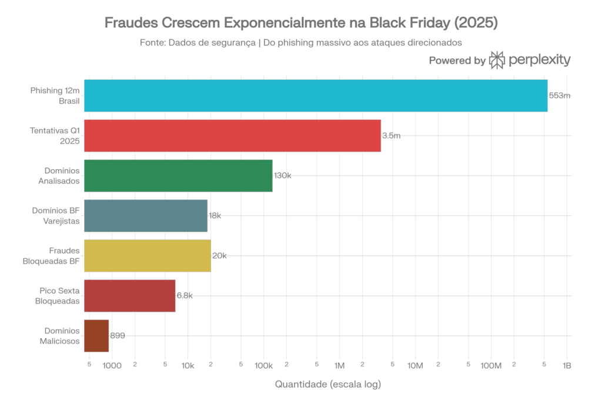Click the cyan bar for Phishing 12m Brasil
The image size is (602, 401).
tap(316, 96)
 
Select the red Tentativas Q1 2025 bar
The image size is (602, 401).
tap(232, 136)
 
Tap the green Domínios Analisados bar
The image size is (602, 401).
tap(178, 176)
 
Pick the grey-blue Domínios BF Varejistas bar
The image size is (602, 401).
tap(146, 215)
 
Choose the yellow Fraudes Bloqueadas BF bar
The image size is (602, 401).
tap(147, 255)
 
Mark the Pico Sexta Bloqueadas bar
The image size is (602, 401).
tap(129, 295)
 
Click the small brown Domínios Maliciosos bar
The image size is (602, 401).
tap(96, 335)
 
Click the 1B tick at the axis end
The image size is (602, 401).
tap(567, 365)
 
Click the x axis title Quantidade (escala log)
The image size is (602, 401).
tap(328, 384)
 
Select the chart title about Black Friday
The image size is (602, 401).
tap(301, 23)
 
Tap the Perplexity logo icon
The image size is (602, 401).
tap(497, 60)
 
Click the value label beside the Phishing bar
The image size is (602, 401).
tap(559, 96)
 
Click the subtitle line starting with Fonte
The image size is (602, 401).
tap(301, 42)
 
